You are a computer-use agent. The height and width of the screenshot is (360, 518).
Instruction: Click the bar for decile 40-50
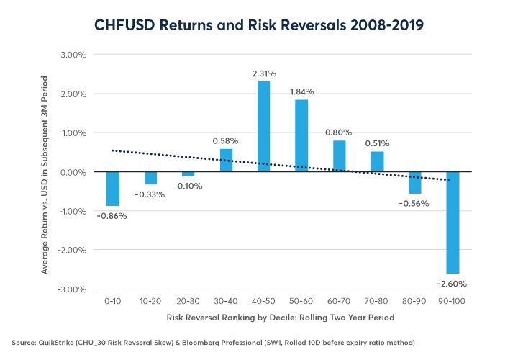[x=263, y=126]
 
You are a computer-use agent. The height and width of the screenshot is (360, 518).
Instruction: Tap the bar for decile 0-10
[x=112, y=189]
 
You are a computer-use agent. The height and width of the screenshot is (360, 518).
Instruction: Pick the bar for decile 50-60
[x=301, y=135]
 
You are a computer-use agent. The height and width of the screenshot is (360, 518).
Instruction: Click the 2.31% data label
[x=263, y=73]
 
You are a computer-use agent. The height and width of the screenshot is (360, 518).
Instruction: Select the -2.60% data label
[x=453, y=284]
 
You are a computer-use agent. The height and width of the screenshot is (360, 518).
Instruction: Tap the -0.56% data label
[x=414, y=203]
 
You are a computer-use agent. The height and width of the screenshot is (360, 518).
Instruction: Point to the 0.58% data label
[x=226, y=141]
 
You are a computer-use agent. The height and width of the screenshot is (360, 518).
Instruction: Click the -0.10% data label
[x=188, y=186]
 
